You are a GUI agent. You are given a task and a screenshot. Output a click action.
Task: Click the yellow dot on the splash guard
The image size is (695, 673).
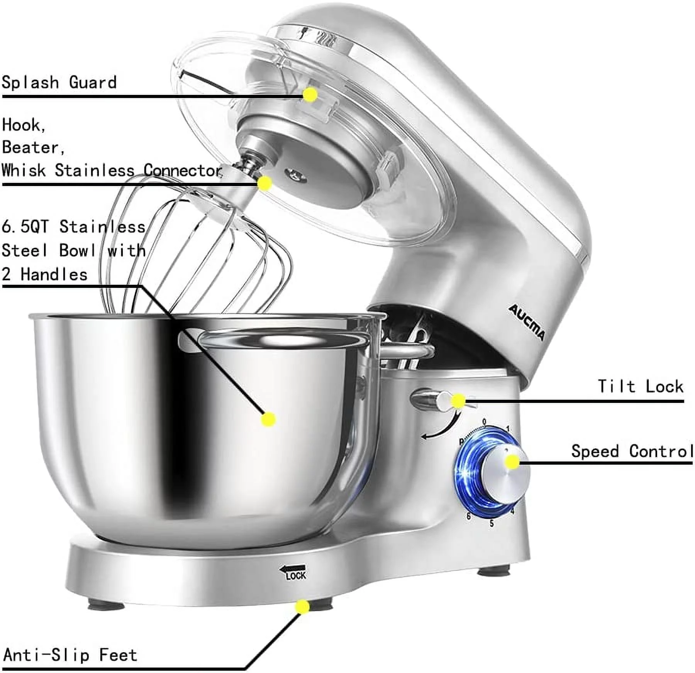[310, 95]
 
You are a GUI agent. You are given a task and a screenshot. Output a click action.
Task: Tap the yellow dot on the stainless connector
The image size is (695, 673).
[264, 183]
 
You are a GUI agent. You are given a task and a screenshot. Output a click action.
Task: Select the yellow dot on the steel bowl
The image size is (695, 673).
[268, 419]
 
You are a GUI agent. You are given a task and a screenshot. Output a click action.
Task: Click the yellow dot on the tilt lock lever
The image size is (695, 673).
[458, 401]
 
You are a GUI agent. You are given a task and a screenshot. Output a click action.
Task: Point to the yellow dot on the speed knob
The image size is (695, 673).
[512, 462]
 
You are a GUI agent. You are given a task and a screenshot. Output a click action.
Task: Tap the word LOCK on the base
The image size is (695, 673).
[296, 576]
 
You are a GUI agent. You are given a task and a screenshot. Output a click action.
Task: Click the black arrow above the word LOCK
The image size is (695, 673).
[293, 568]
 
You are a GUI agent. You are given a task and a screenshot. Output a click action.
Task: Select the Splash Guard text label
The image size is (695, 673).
[59, 83]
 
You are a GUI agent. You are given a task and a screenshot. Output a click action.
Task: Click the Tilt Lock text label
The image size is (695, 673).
[641, 386]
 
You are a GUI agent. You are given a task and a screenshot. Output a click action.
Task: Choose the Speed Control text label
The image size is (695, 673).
[632, 451]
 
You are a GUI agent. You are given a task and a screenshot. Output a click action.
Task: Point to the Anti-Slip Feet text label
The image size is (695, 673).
[70, 655]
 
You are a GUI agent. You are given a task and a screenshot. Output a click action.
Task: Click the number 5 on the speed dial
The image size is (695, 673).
[492, 524]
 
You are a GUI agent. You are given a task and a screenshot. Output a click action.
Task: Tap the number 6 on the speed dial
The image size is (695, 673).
[468, 516]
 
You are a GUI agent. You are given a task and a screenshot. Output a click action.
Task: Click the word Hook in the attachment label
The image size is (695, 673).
[23, 125]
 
